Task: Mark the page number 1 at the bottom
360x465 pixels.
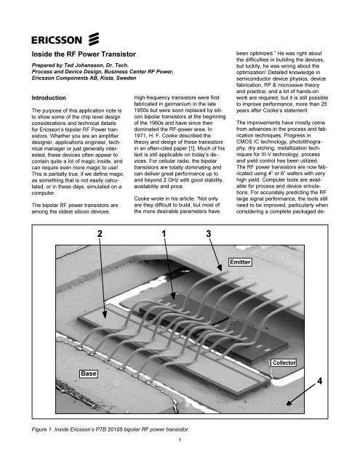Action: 180,458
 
